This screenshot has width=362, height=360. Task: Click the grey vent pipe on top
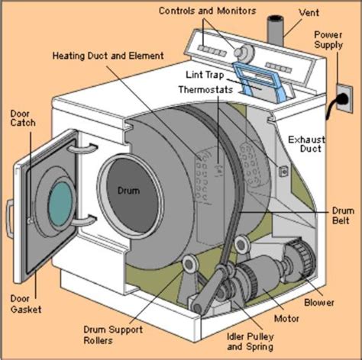pos(273,30)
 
